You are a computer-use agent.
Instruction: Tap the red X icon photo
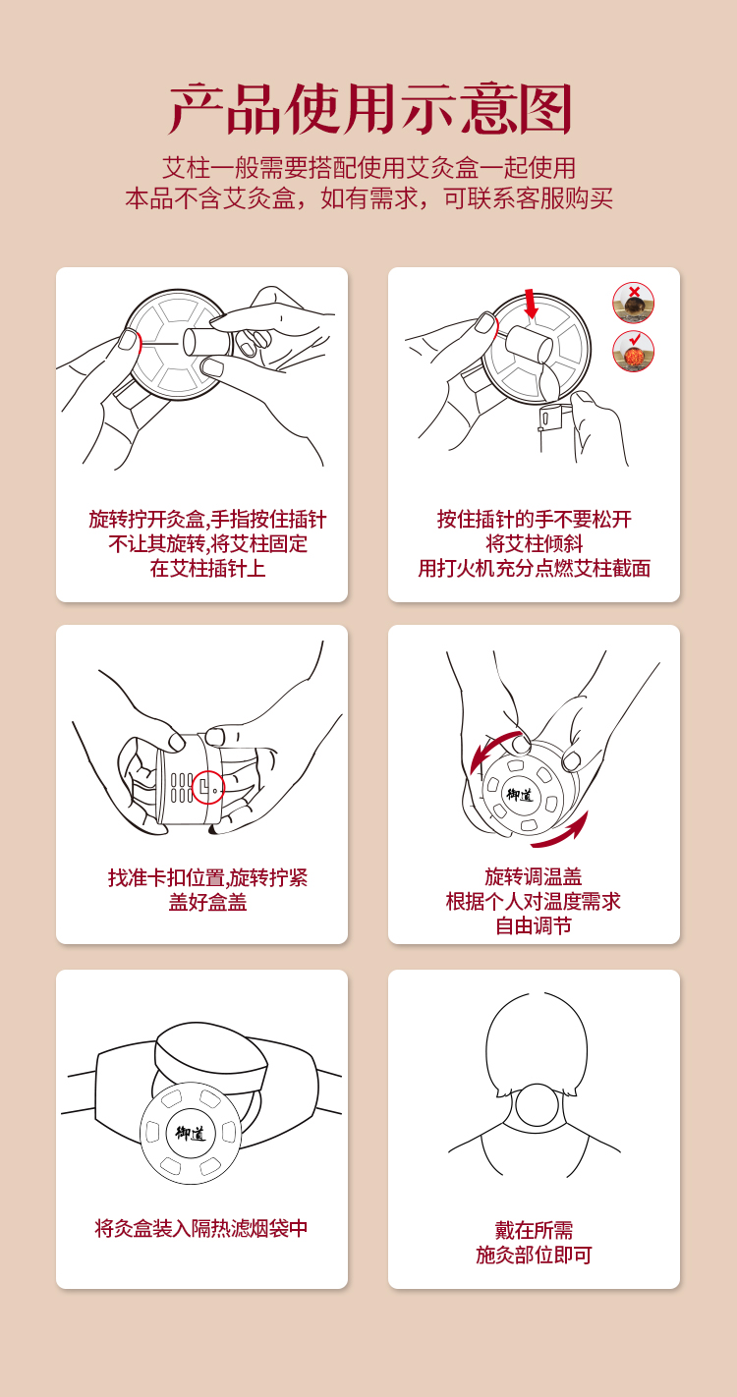click(634, 303)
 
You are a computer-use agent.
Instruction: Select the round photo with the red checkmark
click(634, 351)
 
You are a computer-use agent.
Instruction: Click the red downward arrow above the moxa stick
click(531, 304)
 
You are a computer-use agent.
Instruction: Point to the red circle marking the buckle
click(207, 787)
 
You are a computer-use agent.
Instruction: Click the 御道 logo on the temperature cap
click(520, 795)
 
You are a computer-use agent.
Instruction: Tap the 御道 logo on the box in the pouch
click(191, 1133)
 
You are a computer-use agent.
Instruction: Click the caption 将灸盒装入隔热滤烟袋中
click(200, 1228)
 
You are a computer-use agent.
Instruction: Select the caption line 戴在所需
click(534, 1230)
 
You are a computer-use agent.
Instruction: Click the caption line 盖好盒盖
click(207, 902)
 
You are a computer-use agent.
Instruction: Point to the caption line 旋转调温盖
click(534, 876)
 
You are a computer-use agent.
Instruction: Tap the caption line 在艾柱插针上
click(207, 568)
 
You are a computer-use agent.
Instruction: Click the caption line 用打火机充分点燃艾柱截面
click(535, 568)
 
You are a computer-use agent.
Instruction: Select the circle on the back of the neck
click(537, 1104)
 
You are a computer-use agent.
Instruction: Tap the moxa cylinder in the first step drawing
click(206, 342)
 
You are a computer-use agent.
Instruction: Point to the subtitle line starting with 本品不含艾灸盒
click(368, 198)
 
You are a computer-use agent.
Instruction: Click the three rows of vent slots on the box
click(182, 787)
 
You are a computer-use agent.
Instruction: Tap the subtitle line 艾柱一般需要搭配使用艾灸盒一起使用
click(368, 168)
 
